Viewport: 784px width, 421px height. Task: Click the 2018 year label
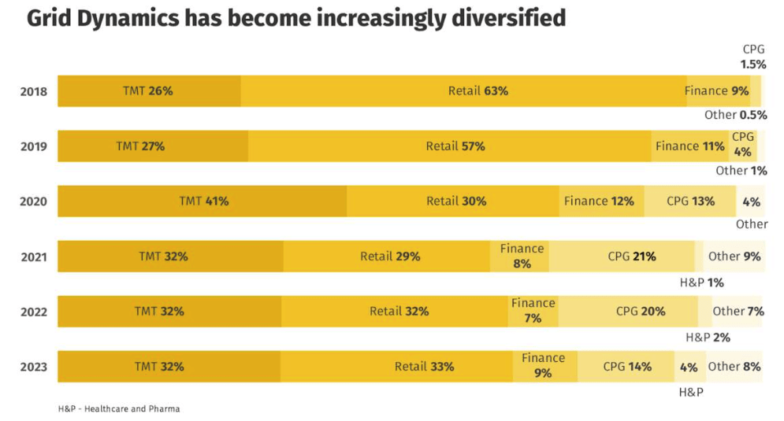click(x=33, y=91)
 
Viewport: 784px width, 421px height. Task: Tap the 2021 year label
click(x=33, y=257)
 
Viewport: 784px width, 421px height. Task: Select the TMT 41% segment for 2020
click(x=203, y=201)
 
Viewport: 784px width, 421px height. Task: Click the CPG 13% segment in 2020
click(x=690, y=201)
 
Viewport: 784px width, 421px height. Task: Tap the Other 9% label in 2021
click(x=734, y=257)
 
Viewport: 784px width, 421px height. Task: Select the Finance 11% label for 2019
click(x=689, y=146)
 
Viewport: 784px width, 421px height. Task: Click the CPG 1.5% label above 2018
click(x=753, y=57)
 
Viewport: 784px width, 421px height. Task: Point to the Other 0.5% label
click(x=735, y=115)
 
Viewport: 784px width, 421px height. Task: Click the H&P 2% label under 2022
click(x=708, y=338)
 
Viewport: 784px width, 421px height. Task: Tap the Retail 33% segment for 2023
click(x=424, y=367)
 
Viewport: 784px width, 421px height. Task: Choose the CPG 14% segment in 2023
click(x=627, y=367)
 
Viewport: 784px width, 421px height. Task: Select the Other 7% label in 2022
click(x=738, y=312)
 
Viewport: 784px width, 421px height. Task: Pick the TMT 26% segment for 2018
click(x=147, y=91)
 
